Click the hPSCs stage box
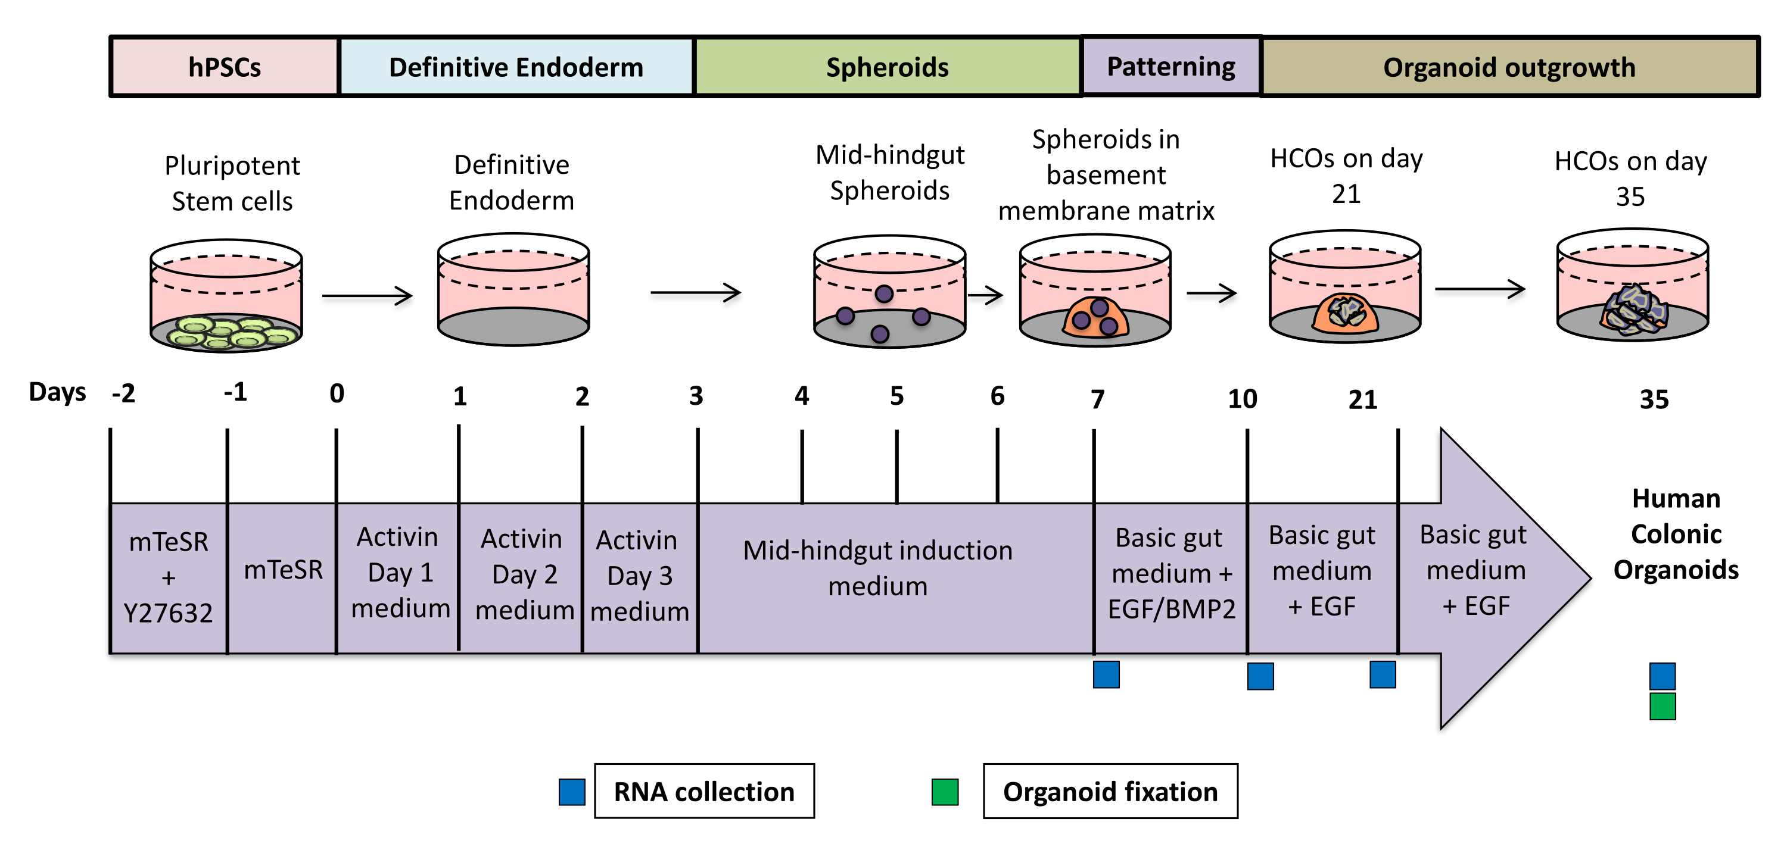click(225, 67)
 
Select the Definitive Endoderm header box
click(516, 67)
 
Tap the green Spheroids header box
click(888, 67)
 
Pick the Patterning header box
click(1171, 67)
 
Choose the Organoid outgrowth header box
click(1509, 67)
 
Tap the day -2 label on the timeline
click(123, 394)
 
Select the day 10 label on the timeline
click(1243, 399)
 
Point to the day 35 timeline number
click(1654, 399)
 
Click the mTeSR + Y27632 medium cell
click(169, 577)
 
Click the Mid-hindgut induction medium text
click(877, 568)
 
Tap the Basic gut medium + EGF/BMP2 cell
click(1171, 573)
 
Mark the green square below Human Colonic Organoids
click(1662, 707)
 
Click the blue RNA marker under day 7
click(1106, 674)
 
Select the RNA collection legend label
click(704, 791)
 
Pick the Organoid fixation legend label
click(1110, 791)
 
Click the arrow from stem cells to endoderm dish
click(367, 296)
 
